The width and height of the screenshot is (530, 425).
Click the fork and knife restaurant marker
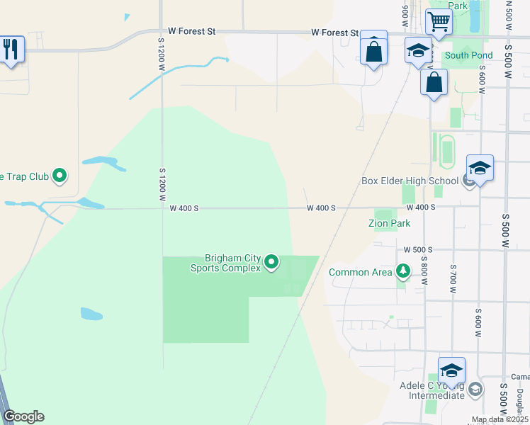click(10, 49)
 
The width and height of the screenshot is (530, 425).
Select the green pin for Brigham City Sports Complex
click(271, 263)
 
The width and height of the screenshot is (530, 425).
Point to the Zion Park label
click(389, 223)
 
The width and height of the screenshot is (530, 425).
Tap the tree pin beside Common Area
click(403, 271)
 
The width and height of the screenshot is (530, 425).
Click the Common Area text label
click(359, 272)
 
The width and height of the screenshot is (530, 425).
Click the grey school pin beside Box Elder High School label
click(468, 181)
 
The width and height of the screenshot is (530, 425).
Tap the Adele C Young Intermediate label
click(436, 391)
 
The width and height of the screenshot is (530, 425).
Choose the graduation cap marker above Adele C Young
click(451, 370)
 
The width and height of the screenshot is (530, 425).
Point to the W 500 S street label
click(418, 249)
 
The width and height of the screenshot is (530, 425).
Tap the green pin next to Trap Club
click(60, 174)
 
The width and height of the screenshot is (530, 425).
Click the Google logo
click(23, 416)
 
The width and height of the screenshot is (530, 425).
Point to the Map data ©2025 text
click(499, 419)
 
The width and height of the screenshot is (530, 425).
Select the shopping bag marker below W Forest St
click(373, 50)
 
